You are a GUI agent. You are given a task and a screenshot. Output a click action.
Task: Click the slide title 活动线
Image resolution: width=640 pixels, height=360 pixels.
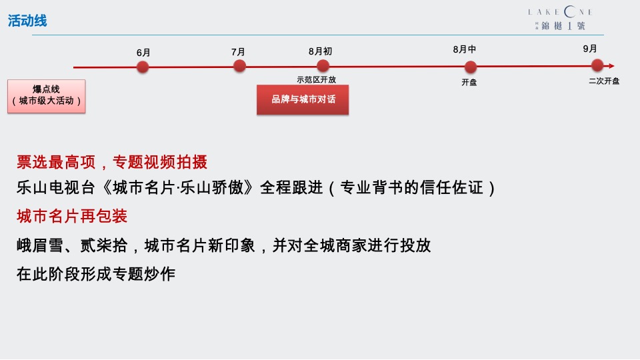27,21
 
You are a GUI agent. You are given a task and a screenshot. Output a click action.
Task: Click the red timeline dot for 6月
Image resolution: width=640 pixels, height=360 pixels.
143,67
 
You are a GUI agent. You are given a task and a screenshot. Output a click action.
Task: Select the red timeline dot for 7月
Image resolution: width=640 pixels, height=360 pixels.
239,65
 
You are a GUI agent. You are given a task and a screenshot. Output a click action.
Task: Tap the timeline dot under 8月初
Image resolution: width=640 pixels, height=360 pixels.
323,65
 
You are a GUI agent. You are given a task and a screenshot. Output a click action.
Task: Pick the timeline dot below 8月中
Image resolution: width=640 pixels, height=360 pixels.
471,67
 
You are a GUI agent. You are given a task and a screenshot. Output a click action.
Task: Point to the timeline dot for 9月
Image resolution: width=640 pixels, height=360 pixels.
597,65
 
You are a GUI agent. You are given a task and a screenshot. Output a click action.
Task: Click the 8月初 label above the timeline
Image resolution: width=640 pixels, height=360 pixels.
320,51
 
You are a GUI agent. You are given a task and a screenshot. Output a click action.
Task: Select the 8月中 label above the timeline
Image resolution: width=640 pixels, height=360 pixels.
465,49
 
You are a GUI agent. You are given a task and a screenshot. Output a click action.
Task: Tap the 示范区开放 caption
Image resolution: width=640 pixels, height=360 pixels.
317,79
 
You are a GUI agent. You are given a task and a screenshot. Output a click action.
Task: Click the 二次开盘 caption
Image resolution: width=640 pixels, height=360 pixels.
604,81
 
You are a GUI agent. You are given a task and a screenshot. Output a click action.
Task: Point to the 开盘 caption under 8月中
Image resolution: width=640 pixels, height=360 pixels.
469,83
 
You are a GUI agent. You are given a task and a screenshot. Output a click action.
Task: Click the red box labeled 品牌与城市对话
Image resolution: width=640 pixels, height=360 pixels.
303,99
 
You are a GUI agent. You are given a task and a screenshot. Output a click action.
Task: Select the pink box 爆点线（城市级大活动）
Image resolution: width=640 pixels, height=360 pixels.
47,95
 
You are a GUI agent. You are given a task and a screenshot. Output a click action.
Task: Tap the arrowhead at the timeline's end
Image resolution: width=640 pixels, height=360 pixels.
611,66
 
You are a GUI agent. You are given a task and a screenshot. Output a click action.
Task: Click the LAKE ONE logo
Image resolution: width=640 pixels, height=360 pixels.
560,19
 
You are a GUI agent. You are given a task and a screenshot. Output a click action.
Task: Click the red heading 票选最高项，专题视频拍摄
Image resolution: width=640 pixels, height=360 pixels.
112,162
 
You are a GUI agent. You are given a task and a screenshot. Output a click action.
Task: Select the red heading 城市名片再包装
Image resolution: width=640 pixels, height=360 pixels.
72,217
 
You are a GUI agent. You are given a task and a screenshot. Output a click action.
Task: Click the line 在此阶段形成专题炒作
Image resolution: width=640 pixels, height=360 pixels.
96,273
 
